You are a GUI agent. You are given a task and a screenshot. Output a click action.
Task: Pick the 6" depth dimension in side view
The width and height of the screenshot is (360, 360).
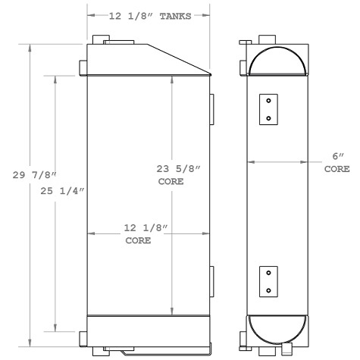pos(337,156)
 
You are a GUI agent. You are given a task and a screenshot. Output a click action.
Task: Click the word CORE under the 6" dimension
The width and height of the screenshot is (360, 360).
pos(337,169)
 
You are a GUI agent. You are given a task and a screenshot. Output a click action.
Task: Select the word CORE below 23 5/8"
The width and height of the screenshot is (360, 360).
pos(171,183)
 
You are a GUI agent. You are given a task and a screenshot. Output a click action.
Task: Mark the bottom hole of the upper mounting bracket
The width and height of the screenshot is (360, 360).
pos(268,117)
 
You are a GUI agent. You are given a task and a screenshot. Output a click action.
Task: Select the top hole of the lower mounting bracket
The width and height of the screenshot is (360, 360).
pos(268,274)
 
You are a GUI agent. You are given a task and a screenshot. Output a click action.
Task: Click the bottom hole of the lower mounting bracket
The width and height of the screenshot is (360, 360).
pos(268,290)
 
